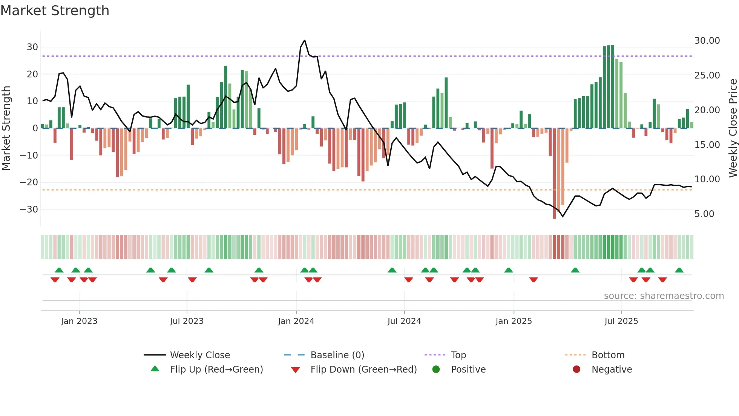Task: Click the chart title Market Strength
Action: point(55,11)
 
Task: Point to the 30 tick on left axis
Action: point(32,47)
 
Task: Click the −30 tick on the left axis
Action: point(29,210)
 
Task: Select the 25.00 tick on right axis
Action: point(707,75)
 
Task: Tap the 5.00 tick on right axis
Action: point(704,214)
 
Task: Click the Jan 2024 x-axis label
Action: point(296,321)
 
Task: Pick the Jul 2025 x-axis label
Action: point(621,321)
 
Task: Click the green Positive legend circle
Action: point(436,370)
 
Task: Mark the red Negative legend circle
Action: point(576,370)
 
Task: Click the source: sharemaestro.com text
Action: point(664,296)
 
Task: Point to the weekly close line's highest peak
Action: point(305,40)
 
